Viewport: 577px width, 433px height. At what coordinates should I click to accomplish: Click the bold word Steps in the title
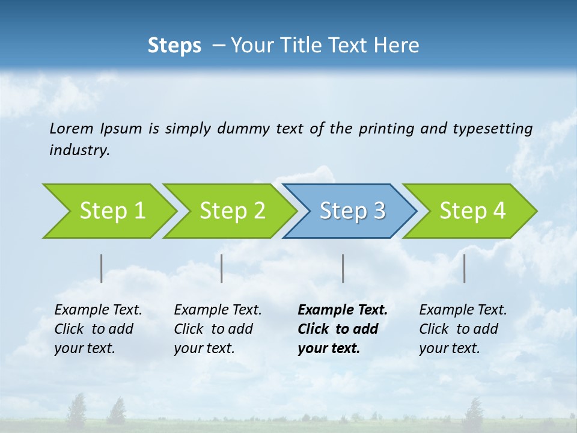point(174,46)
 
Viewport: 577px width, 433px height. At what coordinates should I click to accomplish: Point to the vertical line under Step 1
point(102,268)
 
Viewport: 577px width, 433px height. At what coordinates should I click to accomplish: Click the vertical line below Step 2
point(222,268)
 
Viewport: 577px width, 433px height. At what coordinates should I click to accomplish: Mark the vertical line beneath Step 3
point(343,268)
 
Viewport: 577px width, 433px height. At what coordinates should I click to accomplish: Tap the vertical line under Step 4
point(464,268)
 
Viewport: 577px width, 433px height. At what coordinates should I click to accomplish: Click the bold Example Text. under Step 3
point(343,310)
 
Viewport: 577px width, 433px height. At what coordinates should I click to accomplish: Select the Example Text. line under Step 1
point(98,310)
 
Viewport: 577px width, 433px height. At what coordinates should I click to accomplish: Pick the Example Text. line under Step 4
point(463,310)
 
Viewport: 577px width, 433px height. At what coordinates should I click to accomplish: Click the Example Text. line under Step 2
point(218,310)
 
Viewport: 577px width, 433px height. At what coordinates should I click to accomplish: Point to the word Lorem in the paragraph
point(72,128)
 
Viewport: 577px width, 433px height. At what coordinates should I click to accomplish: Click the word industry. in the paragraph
point(79,150)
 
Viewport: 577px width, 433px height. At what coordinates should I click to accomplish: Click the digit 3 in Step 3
point(379,210)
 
